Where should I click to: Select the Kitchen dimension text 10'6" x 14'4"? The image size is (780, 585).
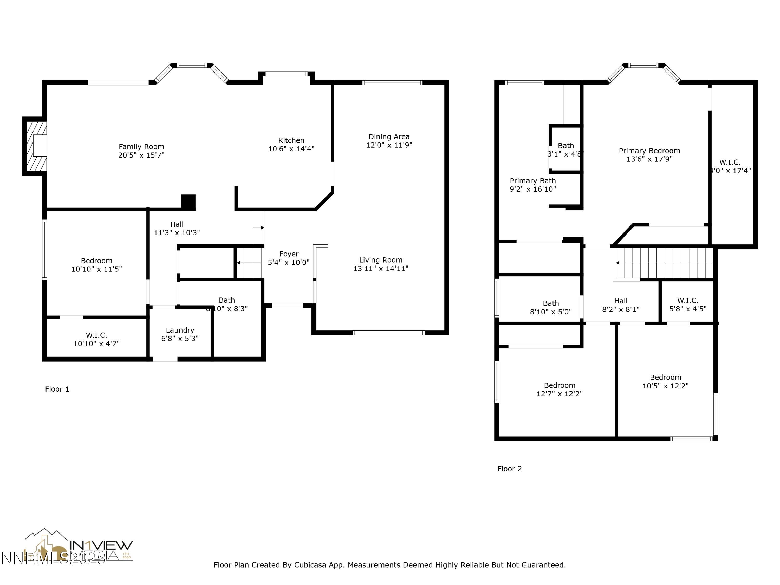tap(291, 149)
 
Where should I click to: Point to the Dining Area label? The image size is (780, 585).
tap(389, 137)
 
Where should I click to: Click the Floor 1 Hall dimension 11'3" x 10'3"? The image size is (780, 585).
tap(177, 233)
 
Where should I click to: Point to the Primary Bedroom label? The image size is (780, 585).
tap(649, 151)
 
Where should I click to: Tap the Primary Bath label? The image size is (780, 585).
tap(532, 181)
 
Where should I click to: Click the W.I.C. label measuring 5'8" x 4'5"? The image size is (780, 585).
tap(688, 301)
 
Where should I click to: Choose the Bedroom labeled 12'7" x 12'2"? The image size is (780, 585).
tap(559, 385)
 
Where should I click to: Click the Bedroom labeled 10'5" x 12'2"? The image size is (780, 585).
tap(665, 377)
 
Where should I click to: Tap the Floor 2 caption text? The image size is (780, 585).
tap(509, 469)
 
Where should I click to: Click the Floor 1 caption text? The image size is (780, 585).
tap(57, 389)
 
